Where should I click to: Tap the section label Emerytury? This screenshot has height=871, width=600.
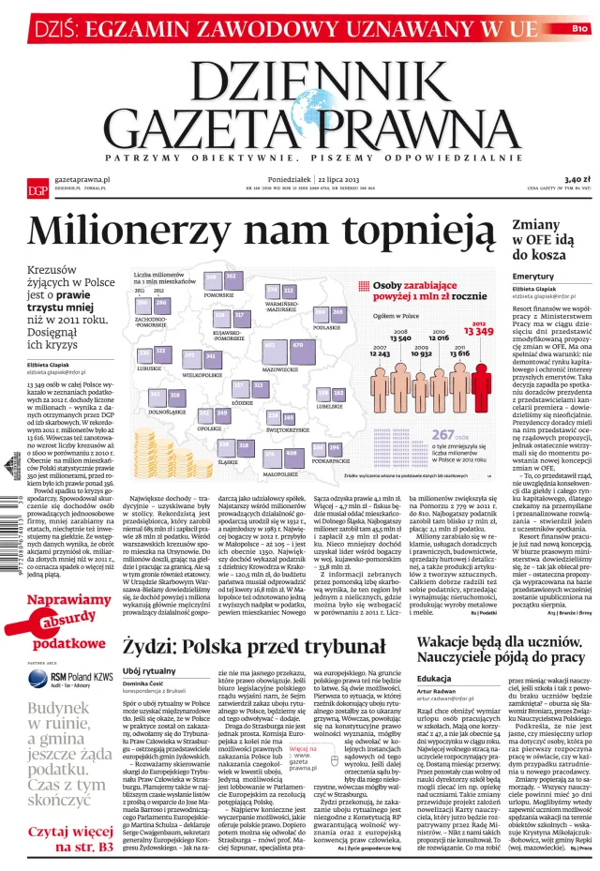coord(533,277)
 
